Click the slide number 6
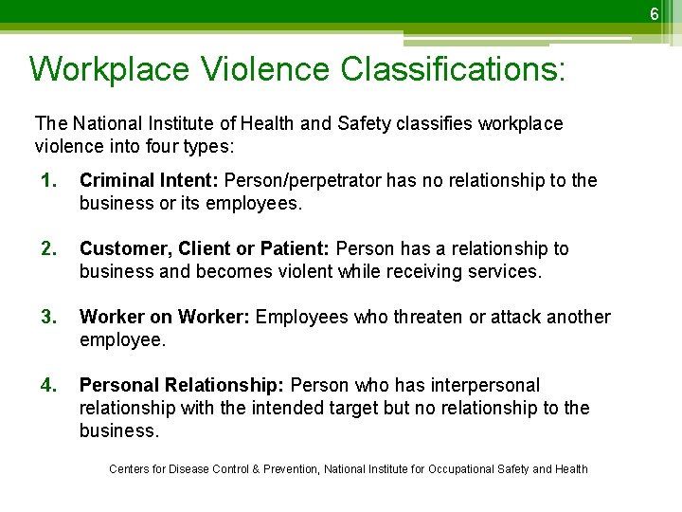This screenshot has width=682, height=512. [x=653, y=12]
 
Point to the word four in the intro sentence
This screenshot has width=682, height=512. [x=177, y=147]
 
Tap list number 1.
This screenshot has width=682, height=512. [x=47, y=180]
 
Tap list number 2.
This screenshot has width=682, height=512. [x=47, y=248]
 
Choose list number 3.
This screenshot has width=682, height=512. [x=47, y=317]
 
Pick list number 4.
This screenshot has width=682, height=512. [x=47, y=385]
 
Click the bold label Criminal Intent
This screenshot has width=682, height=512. [x=151, y=180]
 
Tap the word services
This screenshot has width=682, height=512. [x=503, y=271]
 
